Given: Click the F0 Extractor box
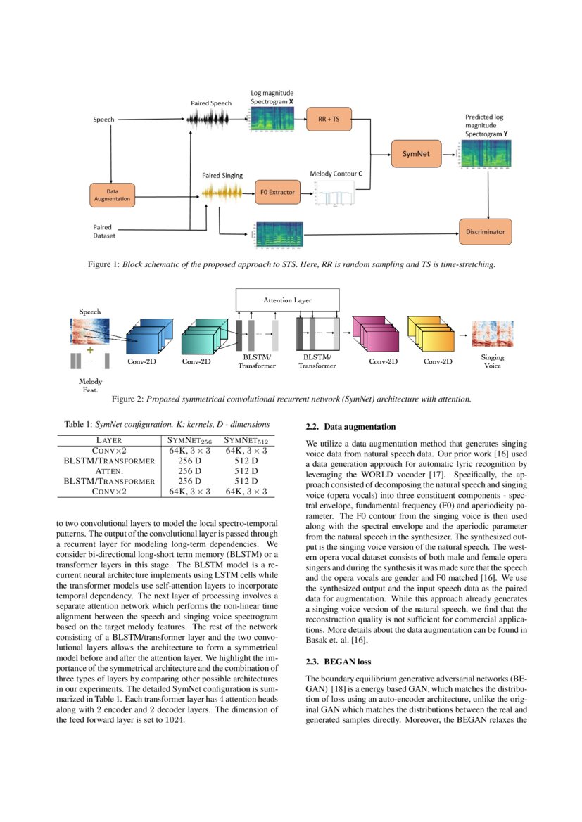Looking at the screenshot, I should point(275,192).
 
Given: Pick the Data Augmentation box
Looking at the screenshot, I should point(112,194).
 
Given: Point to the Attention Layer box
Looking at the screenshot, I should point(287,300).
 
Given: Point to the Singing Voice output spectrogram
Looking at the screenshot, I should point(493,333).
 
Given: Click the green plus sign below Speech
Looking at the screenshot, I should point(89,349).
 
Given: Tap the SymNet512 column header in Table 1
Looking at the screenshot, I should point(245,440).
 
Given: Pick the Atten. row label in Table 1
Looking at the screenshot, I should point(109,470).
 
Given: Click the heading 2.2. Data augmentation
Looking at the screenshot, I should point(350,427).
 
